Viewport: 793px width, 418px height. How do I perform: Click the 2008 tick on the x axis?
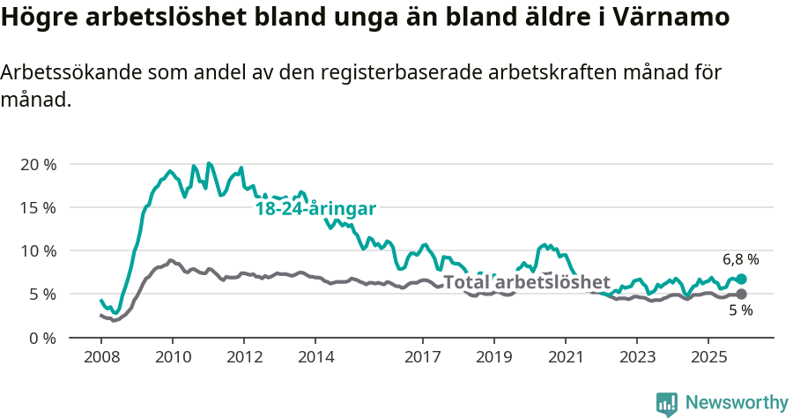(x=101, y=357)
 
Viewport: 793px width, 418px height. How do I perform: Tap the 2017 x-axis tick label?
(x=422, y=357)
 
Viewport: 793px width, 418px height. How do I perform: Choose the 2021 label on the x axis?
(x=565, y=357)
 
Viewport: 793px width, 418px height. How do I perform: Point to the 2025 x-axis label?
(x=708, y=357)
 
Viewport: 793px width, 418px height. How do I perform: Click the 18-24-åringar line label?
(x=315, y=209)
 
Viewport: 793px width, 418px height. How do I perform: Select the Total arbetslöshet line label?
(x=526, y=282)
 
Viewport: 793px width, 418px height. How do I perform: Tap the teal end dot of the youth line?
(x=741, y=279)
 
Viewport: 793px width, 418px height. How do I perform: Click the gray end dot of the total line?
(x=741, y=294)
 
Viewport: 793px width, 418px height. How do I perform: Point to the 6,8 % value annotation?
(x=740, y=259)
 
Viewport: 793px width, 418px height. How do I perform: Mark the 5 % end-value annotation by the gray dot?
(x=740, y=310)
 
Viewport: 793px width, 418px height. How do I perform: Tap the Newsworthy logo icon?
(x=666, y=404)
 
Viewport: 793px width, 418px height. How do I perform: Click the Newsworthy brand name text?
(x=737, y=403)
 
